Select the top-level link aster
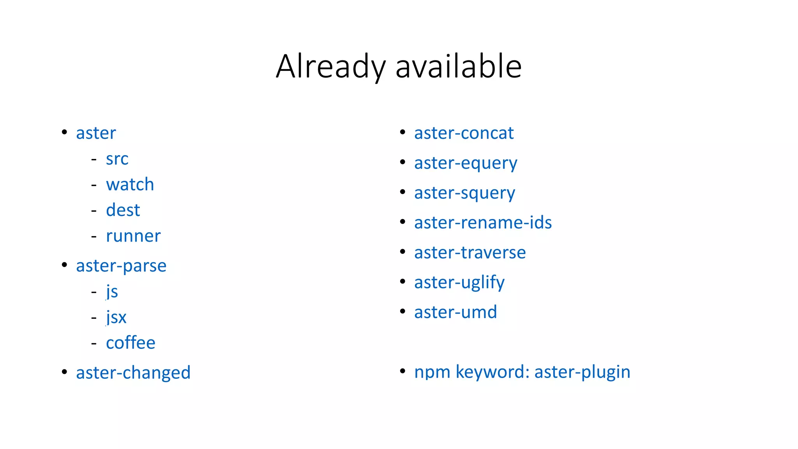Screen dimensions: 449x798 coord(96,133)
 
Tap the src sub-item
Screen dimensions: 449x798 coord(117,159)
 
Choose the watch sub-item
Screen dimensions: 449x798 coord(130,184)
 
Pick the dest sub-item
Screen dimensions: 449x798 coord(123,210)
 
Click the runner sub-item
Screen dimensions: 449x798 coord(133,236)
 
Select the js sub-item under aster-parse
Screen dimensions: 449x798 coord(112,292)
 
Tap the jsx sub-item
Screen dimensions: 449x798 coord(116,317)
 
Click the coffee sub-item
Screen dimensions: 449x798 coord(131,343)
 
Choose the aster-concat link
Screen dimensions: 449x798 coord(464,133)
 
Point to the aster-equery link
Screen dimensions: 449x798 coord(466,163)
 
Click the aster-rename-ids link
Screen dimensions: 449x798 coord(483,223)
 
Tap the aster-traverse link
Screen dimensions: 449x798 coord(470,253)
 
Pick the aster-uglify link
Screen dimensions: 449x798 coord(459,283)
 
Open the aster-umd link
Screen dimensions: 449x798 coord(455,312)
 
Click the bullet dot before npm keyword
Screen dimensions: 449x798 coord(403,371)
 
